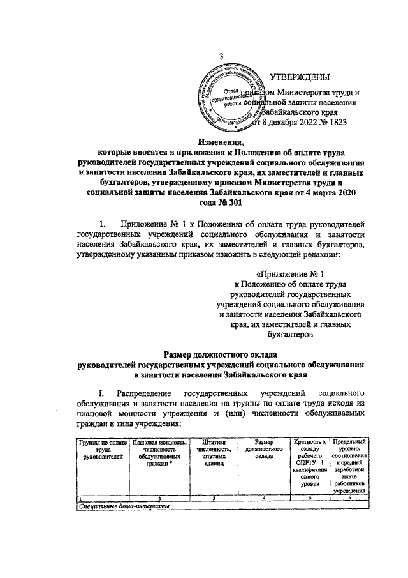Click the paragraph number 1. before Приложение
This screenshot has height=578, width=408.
click(x=103, y=224)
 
